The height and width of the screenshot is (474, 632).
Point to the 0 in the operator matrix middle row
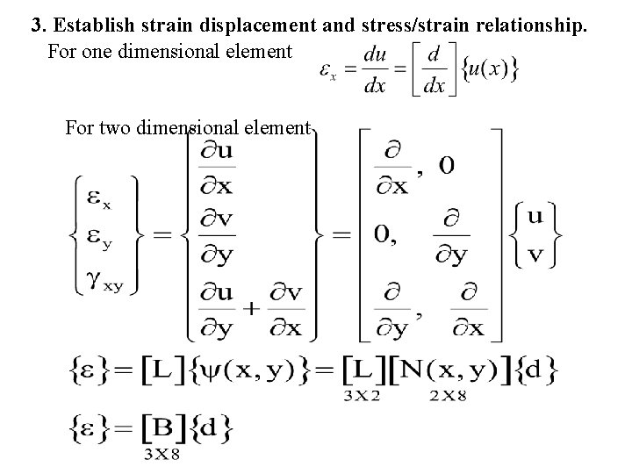pos(381,234)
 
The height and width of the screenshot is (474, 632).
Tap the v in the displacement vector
pos(535,255)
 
